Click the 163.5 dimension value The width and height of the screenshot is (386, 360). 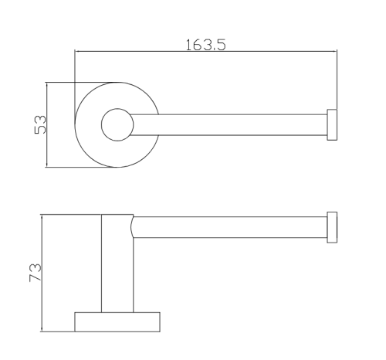coord(205,45)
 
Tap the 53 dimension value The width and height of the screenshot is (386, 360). coord(40,124)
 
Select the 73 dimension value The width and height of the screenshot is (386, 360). coord(35,273)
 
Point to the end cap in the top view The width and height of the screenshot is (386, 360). coord(332,125)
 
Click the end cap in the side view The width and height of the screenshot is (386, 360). coord(332,227)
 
